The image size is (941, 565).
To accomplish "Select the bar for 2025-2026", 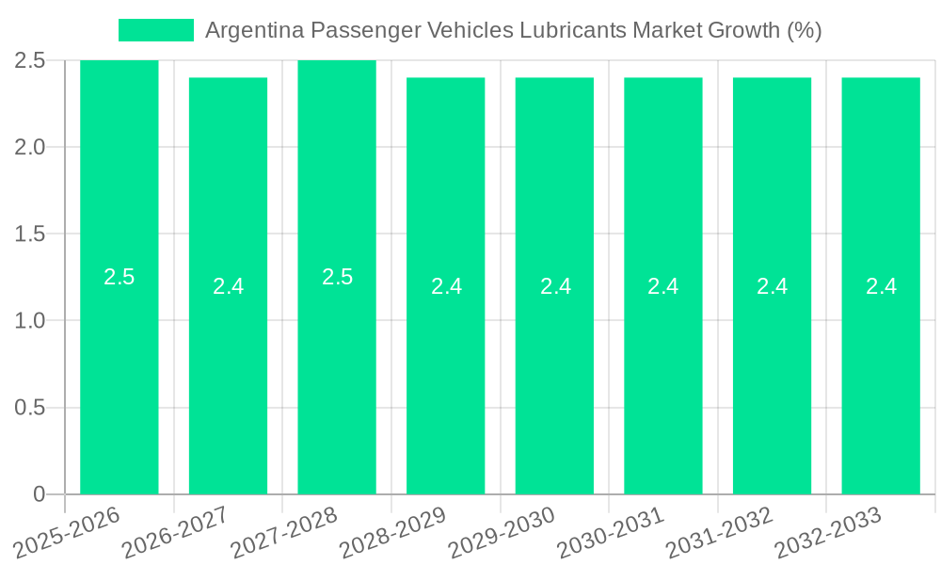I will click(x=120, y=377).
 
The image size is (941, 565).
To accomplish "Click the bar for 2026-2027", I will click(x=228, y=377).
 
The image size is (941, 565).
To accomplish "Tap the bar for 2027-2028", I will click(x=337, y=377).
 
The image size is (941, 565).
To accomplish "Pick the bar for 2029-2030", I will click(x=554, y=377).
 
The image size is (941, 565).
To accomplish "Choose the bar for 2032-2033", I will click(x=881, y=377).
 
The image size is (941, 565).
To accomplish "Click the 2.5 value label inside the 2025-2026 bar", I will click(x=120, y=277).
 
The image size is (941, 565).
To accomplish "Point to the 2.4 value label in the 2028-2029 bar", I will click(x=446, y=286).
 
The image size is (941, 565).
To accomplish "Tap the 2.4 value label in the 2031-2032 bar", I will click(x=772, y=286).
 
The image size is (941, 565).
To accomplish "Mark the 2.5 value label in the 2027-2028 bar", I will click(x=337, y=277).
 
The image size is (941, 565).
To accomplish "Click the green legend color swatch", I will click(x=155, y=30).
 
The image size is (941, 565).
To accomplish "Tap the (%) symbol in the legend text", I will click(x=804, y=30).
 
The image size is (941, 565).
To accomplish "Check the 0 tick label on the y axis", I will click(x=39, y=494).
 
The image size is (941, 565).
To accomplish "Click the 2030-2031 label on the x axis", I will click(x=611, y=533).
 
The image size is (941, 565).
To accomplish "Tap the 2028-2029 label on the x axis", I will click(x=393, y=533).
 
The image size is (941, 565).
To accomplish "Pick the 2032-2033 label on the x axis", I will click(x=828, y=533).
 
